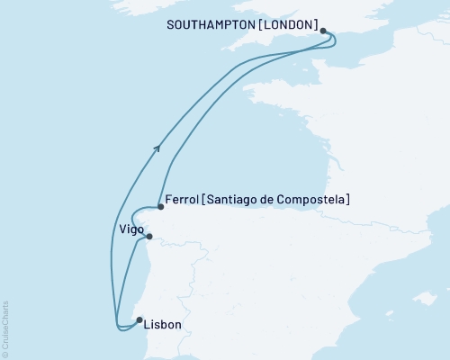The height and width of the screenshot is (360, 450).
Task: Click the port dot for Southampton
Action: pos(323,30)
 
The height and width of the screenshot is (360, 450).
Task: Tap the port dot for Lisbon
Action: pos(139,319)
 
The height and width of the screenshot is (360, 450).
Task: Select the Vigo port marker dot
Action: pos(149,237)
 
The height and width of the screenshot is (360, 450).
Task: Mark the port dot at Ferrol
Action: pos(160,207)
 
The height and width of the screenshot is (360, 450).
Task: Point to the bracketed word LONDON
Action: pos(290,26)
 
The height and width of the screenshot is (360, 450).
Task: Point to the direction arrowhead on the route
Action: pos(158,148)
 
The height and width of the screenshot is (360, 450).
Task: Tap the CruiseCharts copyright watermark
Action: pos(6,328)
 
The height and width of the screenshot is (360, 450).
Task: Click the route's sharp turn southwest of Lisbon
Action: pos(116,323)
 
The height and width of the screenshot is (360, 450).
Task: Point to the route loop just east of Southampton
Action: pos(333,39)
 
